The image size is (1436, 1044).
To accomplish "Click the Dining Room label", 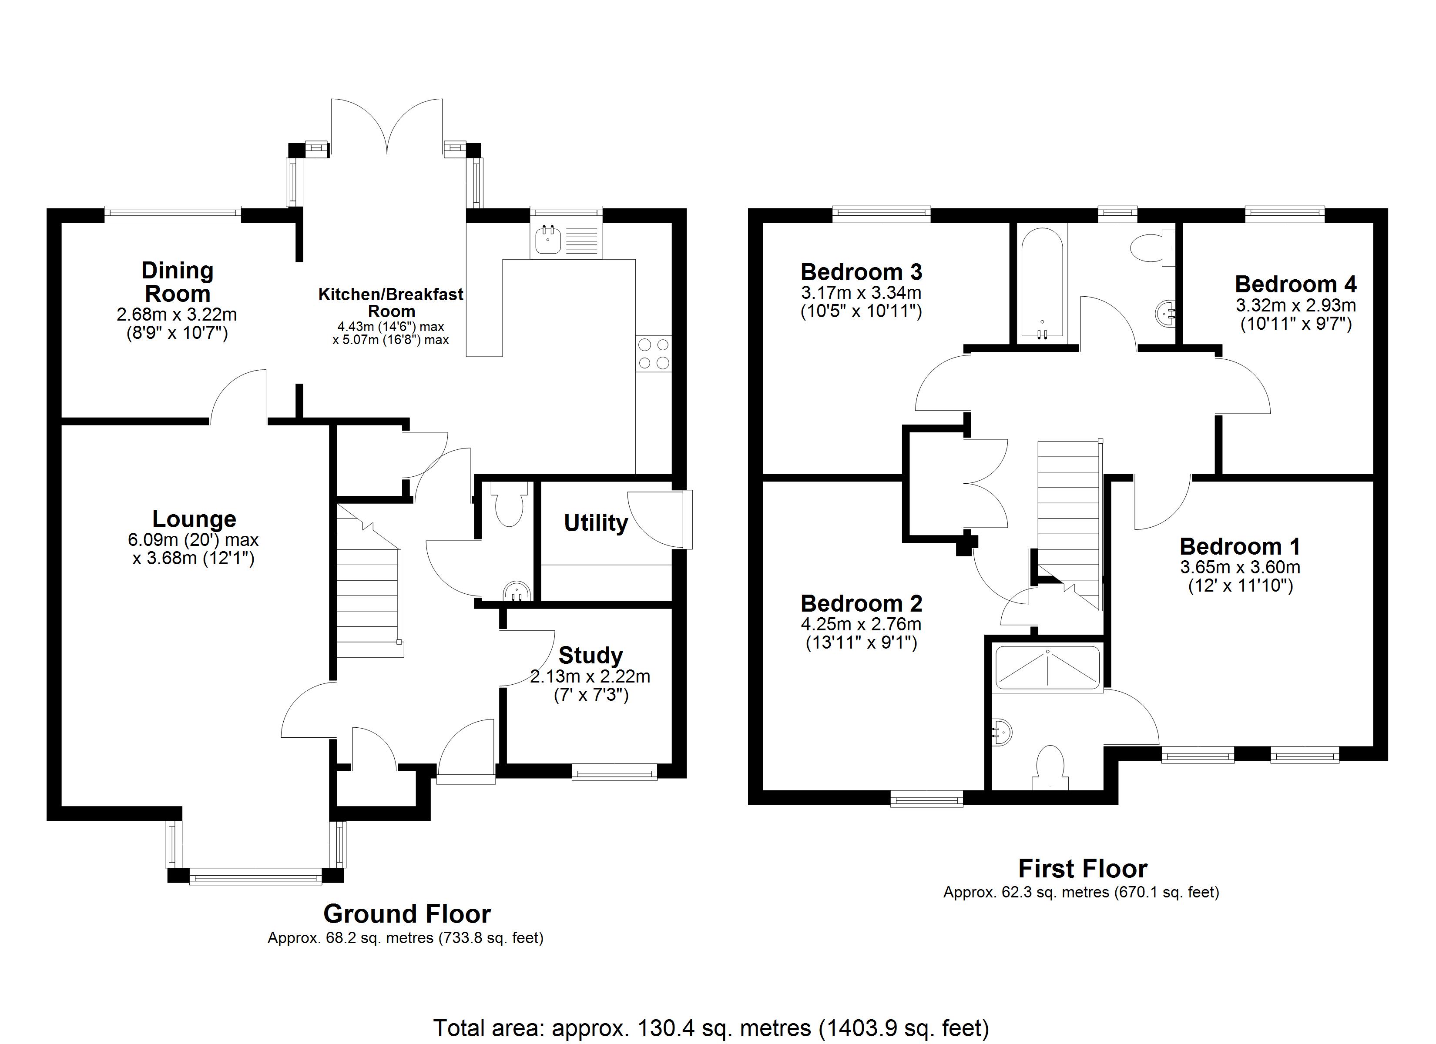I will click(177, 282).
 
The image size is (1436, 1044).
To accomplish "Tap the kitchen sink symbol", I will click(548, 241).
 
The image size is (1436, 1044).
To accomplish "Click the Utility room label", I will click(595, 523).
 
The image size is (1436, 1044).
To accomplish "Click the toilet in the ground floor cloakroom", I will click(510, 505).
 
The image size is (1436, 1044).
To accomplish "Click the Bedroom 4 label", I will click(1295, 284).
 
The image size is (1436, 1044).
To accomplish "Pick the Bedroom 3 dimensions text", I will click(860, 302).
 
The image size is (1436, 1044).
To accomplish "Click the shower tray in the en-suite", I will click(1048, 667).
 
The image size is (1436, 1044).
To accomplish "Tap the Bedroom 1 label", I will click(1240, 546).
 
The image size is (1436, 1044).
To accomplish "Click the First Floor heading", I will click(1082, 869).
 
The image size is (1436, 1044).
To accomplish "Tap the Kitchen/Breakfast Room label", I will click(391, 303).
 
